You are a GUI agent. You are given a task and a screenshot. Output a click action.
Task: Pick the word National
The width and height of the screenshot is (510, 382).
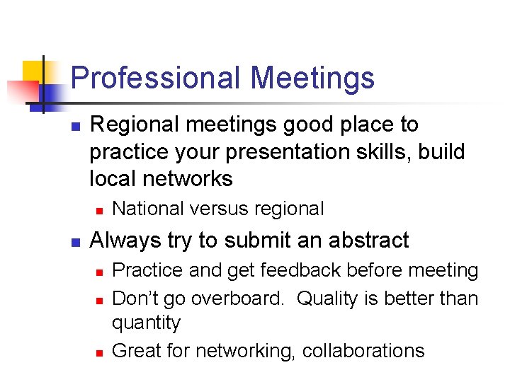pyautogui.click(x=148, y=209)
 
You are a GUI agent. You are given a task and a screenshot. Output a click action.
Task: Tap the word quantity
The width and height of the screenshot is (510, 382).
pyautogui.click(x=147, y=323)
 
